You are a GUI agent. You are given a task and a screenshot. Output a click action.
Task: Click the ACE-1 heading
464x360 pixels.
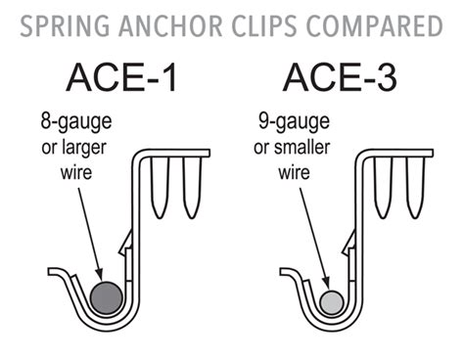tap(122, 77)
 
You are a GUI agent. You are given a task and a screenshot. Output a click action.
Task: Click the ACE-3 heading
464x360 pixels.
tap(340, 77)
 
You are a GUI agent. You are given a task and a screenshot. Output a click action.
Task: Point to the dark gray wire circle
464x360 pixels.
tap(107, 297)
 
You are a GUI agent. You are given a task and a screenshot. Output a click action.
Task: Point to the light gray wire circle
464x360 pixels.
tap(331, 303)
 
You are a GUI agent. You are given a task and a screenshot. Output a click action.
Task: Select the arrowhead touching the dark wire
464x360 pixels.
tap(98, 275)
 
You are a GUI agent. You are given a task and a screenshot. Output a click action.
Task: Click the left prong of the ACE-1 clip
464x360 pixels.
tap(160, 187)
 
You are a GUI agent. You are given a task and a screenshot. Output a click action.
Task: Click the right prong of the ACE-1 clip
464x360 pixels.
tap(191, 187)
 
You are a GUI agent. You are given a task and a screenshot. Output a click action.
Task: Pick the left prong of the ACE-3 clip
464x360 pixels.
tap(384, 187)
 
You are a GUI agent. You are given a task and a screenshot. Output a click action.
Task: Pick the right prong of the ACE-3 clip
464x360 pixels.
tap(415, 187)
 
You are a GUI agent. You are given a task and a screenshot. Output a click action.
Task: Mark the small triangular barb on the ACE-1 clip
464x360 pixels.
tap(126, 244)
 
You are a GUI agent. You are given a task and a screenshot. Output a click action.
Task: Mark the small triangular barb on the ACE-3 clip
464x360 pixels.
tap(349, 244)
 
